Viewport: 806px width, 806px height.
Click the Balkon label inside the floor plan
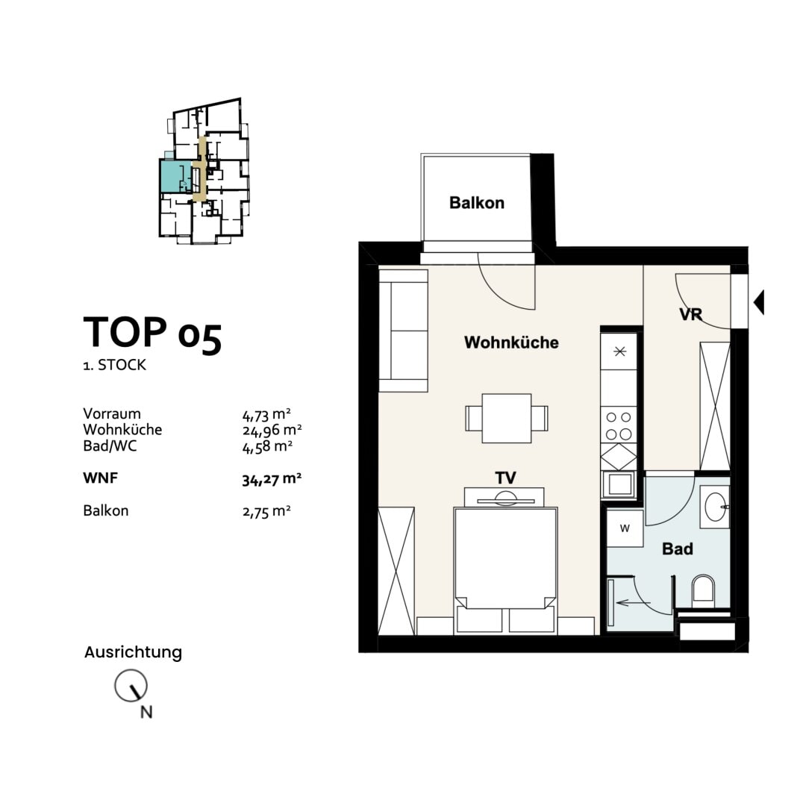[476, 202]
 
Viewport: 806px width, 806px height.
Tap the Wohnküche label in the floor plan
[511, 343]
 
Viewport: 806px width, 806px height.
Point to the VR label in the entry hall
[690, 313]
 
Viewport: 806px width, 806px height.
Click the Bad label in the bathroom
[678, 549]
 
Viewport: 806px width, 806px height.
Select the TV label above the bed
[505, 478]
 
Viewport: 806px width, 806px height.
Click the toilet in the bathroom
[703, 590]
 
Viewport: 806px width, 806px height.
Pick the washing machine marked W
[625, 528]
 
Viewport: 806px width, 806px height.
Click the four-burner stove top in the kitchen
[619, 425]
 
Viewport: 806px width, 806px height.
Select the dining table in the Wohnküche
[506, 419]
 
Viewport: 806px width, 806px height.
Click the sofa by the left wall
[404, 331]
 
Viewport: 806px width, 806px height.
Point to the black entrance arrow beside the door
[759, 302]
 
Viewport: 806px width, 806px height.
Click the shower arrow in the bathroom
[634, 602]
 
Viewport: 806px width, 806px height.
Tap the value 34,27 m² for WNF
[272, 479]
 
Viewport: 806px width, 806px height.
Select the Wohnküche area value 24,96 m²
[272, 430]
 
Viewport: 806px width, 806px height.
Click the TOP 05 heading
[153, 334]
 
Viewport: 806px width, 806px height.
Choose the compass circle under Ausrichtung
[131, 686]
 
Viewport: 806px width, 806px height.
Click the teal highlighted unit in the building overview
[176, 176]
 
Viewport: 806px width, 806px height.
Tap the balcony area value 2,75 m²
[266, 511]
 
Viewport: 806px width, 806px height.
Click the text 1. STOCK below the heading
[115, 365]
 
